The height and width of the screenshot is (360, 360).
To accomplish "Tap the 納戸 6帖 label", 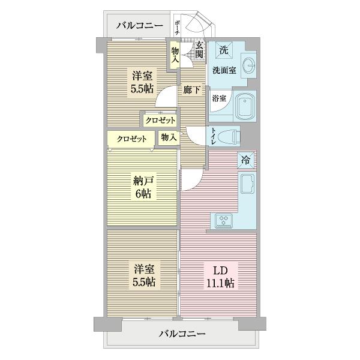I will (x=142, y=187).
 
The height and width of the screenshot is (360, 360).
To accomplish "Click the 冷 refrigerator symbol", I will (x=246, y=160).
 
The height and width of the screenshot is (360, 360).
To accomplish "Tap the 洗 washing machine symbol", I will (x=223, y=49).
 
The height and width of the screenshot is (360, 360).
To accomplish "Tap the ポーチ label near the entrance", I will (x=178, y=28).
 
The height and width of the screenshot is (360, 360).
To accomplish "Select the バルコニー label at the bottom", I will (x=183, y=333).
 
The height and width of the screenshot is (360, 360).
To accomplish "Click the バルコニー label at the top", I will (x=139, y=26).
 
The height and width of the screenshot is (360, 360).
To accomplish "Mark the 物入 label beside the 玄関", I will (x=175, y=55).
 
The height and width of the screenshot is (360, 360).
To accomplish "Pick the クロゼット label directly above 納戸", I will (x=131, y=139).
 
